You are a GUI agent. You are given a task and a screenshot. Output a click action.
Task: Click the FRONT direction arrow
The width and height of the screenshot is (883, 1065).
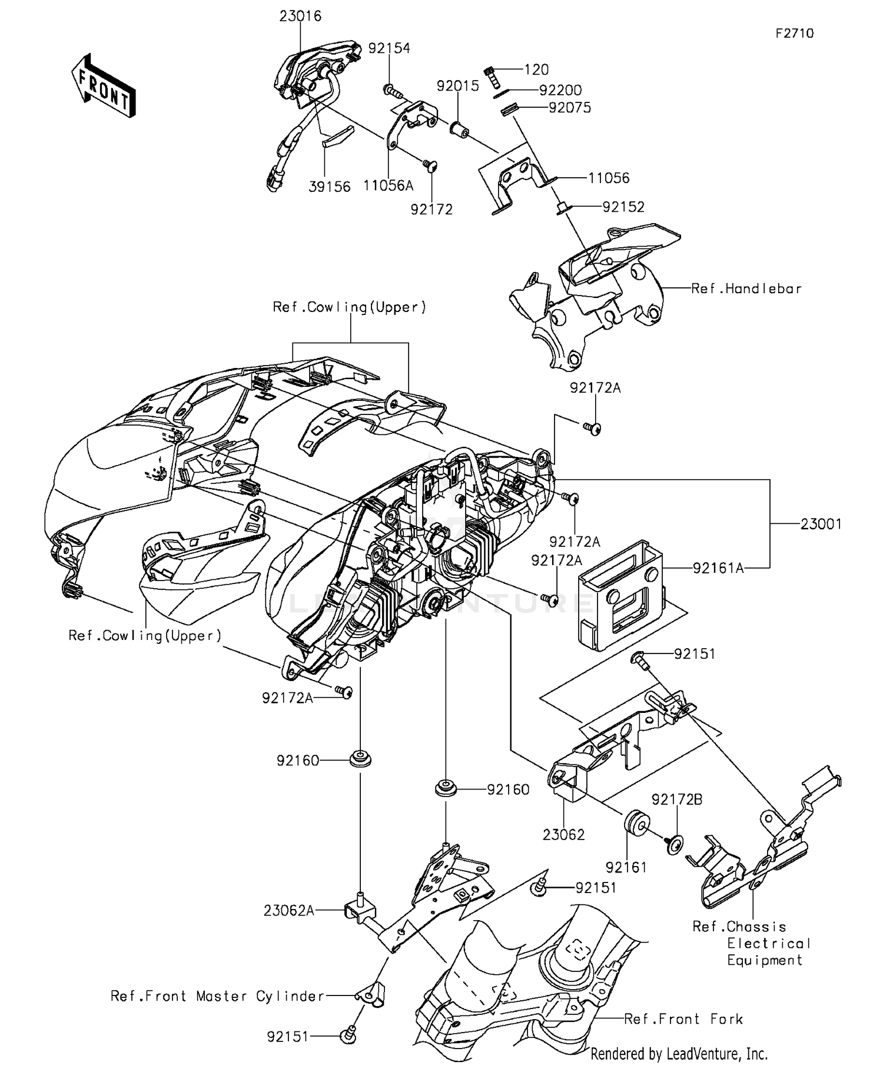click(104, 87)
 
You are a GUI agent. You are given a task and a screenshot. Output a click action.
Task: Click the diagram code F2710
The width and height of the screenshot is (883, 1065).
click(794, 34)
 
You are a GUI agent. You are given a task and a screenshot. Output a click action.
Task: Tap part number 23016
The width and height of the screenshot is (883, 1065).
click(300, 16)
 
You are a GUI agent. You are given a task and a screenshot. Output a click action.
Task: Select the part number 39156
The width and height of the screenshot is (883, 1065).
click(330, 187)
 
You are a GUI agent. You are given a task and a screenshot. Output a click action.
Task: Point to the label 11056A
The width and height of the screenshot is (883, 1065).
click(388, 186)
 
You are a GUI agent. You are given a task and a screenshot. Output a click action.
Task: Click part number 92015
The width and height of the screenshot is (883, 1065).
click(457, 86)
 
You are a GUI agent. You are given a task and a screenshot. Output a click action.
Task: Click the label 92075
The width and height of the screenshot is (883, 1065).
click(569, 108)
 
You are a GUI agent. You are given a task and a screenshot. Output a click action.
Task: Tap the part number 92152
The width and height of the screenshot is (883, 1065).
click(623, 207)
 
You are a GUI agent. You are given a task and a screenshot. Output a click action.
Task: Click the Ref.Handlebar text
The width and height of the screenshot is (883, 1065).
click(746, 288)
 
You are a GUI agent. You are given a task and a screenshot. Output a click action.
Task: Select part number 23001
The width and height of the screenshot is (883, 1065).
click(821, 524)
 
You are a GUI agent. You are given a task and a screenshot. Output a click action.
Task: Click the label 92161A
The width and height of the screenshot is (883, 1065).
click(718, 568)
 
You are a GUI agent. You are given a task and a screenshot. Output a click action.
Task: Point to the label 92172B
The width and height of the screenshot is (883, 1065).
click(676, 799)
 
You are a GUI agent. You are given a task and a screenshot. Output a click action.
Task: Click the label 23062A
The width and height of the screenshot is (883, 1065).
click(288, 911)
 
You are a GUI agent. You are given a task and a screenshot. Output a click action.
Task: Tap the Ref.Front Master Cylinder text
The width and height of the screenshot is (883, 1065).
click(217, 996)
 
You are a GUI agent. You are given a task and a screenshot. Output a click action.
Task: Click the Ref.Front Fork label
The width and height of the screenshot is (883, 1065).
click(683, 1019)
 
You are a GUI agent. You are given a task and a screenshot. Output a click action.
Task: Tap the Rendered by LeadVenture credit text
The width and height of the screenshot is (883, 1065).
click(679, 1053)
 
